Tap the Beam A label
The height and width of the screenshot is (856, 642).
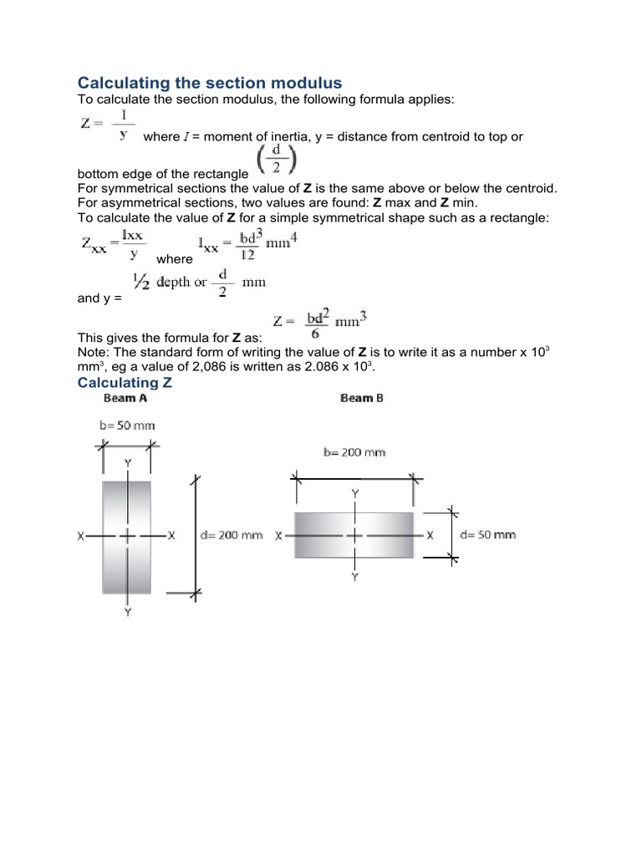(x=125, y=399)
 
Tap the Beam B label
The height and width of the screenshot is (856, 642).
(x=362, y=399)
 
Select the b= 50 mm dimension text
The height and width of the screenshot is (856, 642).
(x=127, y=425)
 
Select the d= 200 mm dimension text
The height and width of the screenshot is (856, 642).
(x=232, y=535)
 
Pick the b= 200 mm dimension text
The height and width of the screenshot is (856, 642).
(x=354, y=452)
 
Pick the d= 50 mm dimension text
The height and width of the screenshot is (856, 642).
(x=487, y=535)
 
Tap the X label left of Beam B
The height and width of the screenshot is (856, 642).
(x=278, y=535)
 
